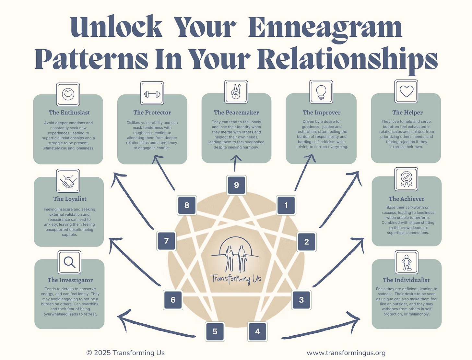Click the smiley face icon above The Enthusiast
[x=68, y=94]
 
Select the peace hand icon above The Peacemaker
[x=236, y=92]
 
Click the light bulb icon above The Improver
[x=321, y=92]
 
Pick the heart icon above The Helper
[x=406, y=91]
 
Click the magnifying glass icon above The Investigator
[x=69, y=262]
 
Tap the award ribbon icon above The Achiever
[x=406, y=179]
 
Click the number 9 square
[x=236, y=185]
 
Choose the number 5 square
[x=215, y=331]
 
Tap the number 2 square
[x=306, y=242]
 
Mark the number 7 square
[x=166, y=241]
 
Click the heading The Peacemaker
[x=236, y=113]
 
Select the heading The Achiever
[x=407, y=199]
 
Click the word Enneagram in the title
[x=325, y=28]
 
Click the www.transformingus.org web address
[x=346, y=353]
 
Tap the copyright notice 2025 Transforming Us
[x=125, y=353]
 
